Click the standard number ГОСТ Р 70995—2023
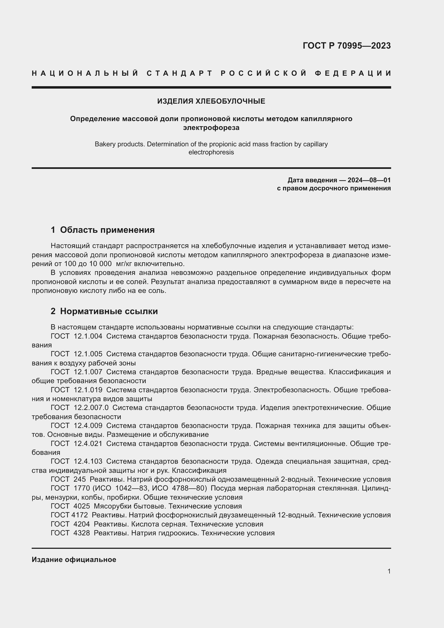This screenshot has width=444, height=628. point(346,46)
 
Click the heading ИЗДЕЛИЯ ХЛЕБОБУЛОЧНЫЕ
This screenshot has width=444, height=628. point(211,101)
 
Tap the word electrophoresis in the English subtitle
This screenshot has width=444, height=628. point(211,152)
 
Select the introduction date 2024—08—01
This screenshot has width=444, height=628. point(369,180)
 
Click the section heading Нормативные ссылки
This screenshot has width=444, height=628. point(108,311)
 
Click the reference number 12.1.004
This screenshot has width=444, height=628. point(88,336)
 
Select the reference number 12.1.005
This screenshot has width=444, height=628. point(88,354)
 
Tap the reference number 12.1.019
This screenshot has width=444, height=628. point(88,390)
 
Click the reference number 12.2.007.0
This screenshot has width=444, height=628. point(91,408)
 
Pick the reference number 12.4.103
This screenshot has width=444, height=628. point(88,462)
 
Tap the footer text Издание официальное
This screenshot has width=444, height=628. point(74,560)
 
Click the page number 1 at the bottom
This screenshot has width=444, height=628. point(389,571)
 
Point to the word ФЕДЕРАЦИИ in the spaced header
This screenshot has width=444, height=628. point(353,73)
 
